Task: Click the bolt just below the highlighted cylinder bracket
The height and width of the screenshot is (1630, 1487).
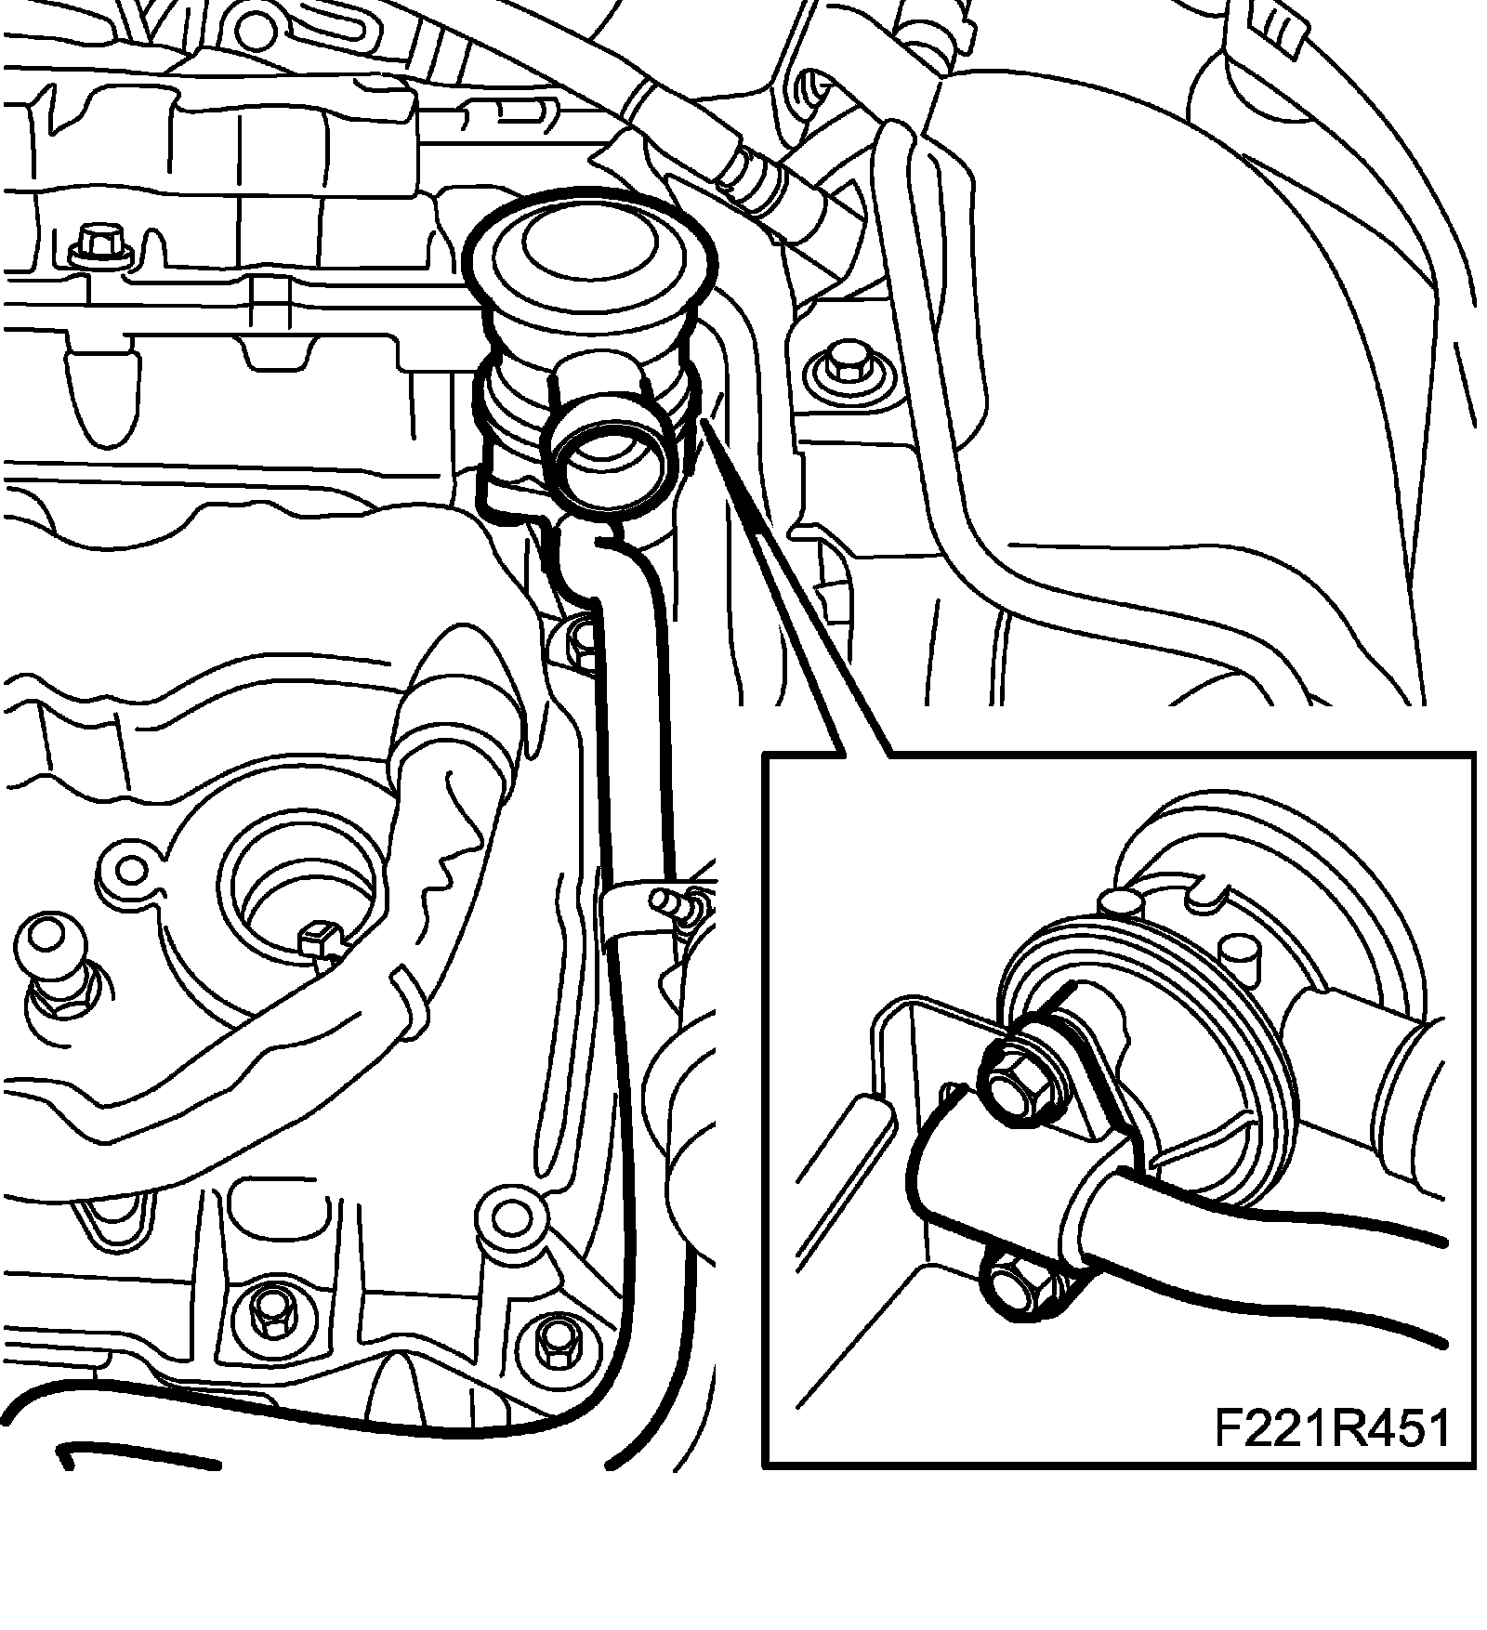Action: tap(583, 641)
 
